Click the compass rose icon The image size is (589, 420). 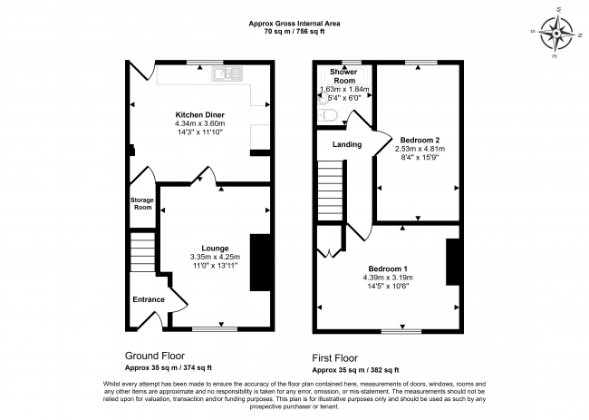point(556,34)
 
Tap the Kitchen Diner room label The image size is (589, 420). point(200,114)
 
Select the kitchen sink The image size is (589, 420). point(227,73)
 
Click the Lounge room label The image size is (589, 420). point(215,249)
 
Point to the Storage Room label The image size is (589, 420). point(142,203)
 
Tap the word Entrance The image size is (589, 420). point(149,299)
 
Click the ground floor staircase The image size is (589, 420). point(142,252)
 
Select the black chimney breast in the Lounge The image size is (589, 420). point(260,262)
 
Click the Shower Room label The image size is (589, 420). point(343,76)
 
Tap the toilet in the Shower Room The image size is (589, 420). point(325,115)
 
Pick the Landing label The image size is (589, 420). point(347,144)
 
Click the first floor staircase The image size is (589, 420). point(331,190)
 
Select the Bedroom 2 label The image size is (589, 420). point(420,140)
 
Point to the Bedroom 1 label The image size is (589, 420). point(388,269)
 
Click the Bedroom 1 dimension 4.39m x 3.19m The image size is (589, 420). point(388,278)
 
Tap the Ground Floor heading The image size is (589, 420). point(155,356)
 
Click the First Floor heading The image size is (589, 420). point(335,358)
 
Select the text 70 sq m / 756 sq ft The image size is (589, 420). point(294,32)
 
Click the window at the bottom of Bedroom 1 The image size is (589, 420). point(401,331)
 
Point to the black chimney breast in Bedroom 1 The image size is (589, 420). point(453,261)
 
